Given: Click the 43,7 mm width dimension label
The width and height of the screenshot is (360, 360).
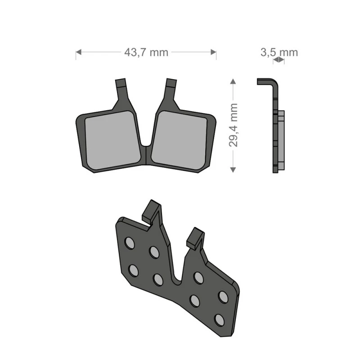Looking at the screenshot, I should tap(146, 52).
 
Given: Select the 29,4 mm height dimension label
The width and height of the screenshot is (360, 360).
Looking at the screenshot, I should tap(233, 125).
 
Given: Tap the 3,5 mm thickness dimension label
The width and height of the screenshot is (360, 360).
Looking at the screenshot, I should tap(279, 52).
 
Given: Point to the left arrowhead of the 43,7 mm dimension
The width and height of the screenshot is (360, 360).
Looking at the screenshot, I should tap(78, 52).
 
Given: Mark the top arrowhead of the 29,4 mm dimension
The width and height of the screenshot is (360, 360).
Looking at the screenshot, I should tap(233, 81).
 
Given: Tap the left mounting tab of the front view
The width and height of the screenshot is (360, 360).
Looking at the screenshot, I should tap(121, 84).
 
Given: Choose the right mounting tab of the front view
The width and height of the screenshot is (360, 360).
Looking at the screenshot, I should tap(171, 84).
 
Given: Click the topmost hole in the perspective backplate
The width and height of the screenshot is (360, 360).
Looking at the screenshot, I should tap(129, 243).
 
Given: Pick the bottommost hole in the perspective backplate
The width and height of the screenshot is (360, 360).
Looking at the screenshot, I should tap(219, 319).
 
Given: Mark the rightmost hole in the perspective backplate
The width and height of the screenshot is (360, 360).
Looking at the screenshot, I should tap(223, 297).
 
